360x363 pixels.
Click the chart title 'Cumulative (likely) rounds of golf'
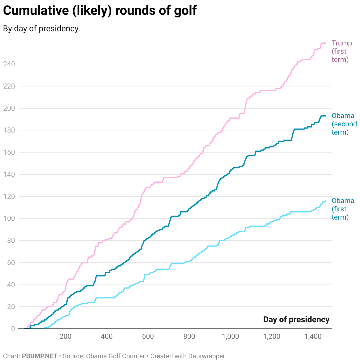coord(100,11)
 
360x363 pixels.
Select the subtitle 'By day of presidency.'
coord(42,29)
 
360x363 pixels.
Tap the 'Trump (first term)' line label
coord(342,51)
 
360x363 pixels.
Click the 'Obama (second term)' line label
coord(344,124)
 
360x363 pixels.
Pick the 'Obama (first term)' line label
coord(343,209)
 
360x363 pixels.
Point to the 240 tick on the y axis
coord(9,64)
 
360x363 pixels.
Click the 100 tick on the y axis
coord(9,219)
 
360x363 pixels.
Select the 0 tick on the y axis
coord(13,329)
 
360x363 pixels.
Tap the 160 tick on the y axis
coord(9,152)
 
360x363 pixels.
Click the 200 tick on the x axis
coord(65,337)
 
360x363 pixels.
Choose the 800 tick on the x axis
coord(189,337)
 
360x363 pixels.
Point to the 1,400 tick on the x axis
coord(313,337)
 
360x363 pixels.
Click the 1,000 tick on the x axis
coord(230,337)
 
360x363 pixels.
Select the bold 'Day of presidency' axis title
coord(296,320)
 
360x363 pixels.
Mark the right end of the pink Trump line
coord(326,43)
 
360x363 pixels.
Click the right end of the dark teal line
coord(326,116)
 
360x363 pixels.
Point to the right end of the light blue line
coord(325,201)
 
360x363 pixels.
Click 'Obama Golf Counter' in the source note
coord(115,356)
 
